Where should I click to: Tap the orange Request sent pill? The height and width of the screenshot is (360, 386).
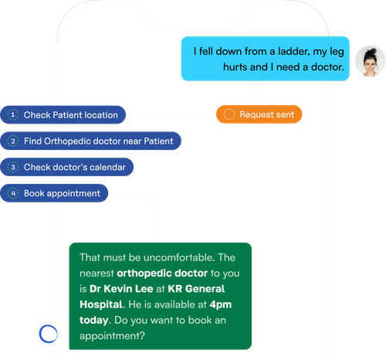click(259, 114)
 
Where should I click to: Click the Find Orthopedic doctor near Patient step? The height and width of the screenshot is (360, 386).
click(91, 141)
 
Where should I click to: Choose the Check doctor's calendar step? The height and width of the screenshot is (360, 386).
click(68, 167)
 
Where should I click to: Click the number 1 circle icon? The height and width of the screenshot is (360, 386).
click(12, 115)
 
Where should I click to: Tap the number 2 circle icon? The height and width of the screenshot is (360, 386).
click(12, 141)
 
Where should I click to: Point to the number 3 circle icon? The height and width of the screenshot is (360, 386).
click(12, 167)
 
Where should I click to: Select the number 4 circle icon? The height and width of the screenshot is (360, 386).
click(12, 193)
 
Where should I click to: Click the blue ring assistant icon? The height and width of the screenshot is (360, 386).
click(48, 334)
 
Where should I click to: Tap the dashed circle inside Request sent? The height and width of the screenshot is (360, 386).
click(228, 114)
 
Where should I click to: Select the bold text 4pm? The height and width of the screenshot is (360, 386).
click(222, 304)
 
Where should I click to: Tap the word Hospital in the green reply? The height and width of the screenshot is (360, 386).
click(103, 304)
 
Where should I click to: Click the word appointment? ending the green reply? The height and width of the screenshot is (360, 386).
click(113, 336)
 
